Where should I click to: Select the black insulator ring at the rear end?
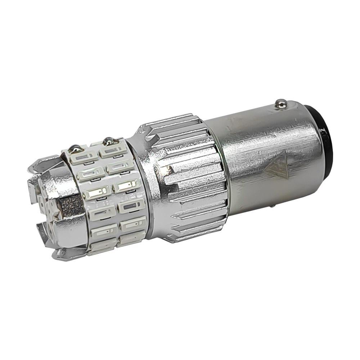click(326, 140)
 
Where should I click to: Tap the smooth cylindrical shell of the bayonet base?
click(259, 144)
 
